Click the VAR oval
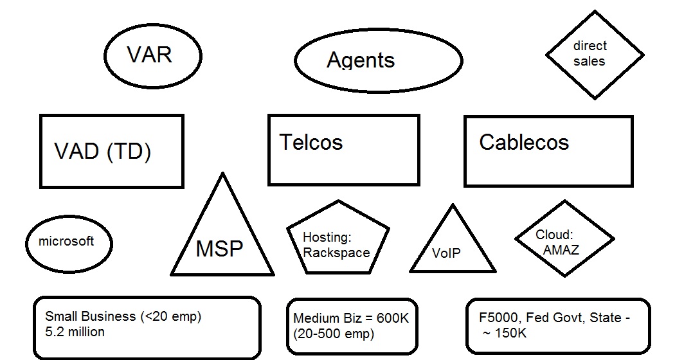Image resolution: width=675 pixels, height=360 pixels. [x=152, y=55]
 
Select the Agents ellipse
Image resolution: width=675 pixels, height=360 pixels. [x=378, y=60]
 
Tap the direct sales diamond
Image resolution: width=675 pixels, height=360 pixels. [x=594, y=55]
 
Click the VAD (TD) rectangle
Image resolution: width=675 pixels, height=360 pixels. [x=111, y=152]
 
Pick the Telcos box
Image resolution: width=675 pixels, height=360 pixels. [x=343, y=150]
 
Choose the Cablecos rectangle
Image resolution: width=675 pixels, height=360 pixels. [x=548, y=151]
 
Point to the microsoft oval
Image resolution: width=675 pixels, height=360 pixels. [x=69, y=243]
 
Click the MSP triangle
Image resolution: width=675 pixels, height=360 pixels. [x=222, y=241]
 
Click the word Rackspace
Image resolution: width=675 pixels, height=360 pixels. [x=336, y=252]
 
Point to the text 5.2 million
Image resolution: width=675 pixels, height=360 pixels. [x=75, y=332]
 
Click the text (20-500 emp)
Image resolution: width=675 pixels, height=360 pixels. [x=334, y=334]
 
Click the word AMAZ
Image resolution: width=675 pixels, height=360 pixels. [x=561, y=249]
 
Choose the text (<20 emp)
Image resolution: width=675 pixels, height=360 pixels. [x=170, y=316]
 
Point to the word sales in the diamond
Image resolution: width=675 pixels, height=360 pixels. [x=589, y=62]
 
